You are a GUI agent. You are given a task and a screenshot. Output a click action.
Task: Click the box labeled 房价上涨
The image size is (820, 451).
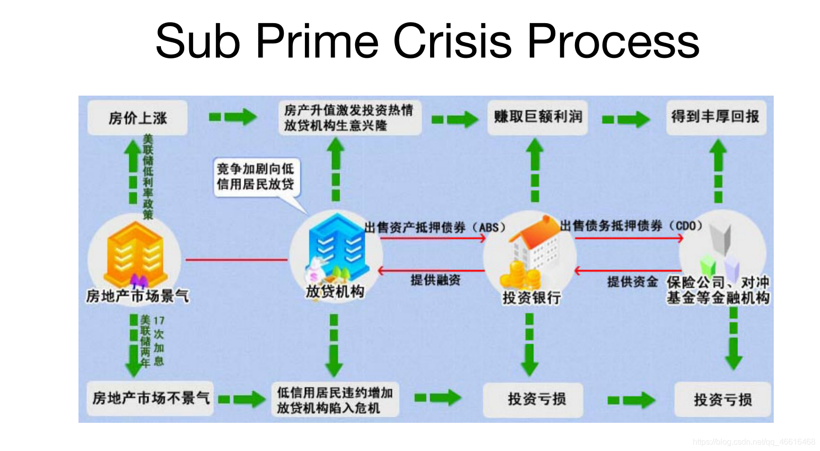click(137, 118)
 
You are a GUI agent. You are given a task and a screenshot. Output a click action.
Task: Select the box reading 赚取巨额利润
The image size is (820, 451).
click(537, 117)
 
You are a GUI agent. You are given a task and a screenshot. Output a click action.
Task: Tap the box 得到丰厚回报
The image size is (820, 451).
click(715, 117)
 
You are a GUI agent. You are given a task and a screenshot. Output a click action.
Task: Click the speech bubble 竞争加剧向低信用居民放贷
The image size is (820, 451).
click(256, 177)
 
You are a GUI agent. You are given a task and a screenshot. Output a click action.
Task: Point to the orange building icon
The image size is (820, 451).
click(135, 254)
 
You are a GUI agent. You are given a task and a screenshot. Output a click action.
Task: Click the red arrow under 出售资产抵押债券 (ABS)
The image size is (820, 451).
click(433, 238)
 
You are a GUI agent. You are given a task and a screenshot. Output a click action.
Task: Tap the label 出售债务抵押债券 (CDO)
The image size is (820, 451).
click(631, 225)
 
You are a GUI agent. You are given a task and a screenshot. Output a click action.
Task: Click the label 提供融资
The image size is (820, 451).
click(435, 280)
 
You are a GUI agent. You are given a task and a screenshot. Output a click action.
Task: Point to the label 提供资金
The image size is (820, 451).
click(632, 281)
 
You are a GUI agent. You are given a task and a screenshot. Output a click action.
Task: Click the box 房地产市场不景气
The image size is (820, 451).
click(150, 398)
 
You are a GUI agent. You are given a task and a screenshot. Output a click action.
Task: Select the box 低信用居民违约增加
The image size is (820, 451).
click(335, 400)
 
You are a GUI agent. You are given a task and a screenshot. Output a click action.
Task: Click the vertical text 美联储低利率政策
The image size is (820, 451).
click(147, 176)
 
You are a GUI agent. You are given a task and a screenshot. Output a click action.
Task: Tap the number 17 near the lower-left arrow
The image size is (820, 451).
click(159, 321)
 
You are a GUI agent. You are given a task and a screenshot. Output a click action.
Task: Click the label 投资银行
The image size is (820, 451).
click(531, 297)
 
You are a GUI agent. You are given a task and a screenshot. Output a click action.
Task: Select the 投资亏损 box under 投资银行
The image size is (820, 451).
click(536, 399)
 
